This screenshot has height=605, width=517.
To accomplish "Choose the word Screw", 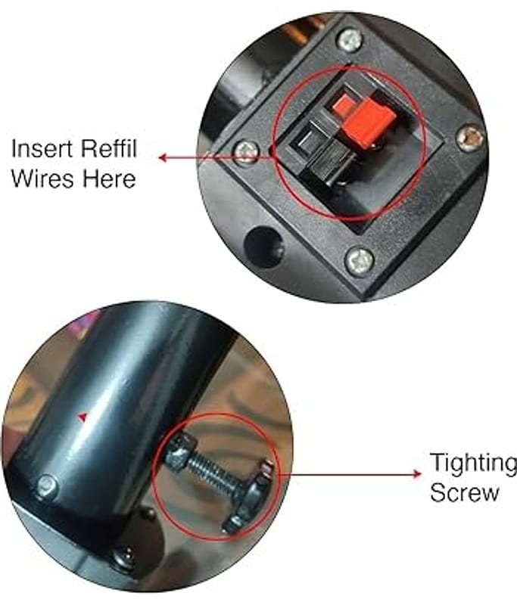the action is (x=465, y=493).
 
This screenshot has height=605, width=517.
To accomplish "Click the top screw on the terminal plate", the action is (x=350, y=40).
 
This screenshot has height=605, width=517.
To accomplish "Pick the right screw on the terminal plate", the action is (x=470, y=138).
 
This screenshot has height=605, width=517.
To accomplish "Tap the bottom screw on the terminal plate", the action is (x=359, y=260).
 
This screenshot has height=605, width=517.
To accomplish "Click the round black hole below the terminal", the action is (x=264, y=247).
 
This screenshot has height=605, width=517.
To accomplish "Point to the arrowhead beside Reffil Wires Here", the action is (x=163, y=157).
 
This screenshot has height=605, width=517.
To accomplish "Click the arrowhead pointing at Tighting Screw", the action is (x=417, y=473).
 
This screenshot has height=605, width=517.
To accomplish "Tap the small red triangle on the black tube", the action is (x=83, y=417).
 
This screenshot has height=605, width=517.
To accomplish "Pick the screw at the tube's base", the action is (x=48, y=486).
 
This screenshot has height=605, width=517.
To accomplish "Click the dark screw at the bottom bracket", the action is (x=125, y=559).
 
